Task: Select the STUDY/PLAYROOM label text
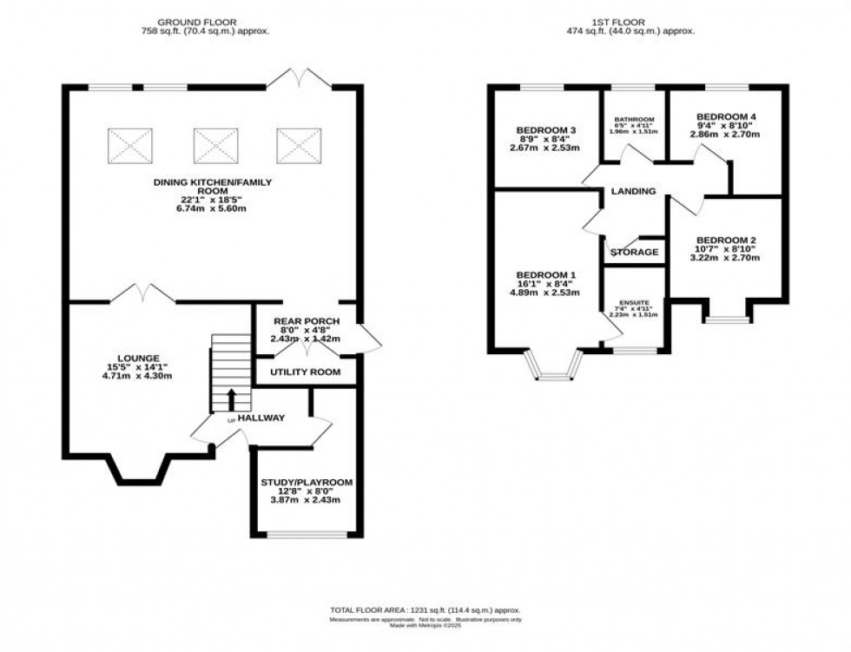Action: (306, 481)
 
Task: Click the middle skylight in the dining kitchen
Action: (210, 143)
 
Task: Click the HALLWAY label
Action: (261, 418)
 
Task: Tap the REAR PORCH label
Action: (307, 321)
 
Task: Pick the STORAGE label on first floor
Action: (634, 253)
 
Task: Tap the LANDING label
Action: (633, 191)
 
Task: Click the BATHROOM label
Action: (634, 120)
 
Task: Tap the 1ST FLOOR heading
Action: (640, 21)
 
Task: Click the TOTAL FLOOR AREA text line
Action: (425, 611)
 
